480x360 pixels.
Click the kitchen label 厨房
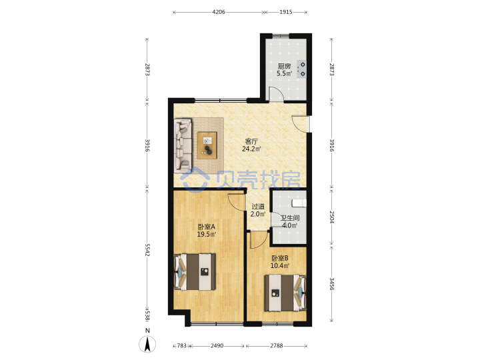284,66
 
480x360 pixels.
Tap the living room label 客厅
251,141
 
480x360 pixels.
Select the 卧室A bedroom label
207,227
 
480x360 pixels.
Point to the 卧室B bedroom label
279,258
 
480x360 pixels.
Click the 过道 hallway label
258,207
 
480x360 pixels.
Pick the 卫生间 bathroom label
290,218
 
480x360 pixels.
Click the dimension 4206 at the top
219,12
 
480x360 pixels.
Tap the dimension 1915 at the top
286,12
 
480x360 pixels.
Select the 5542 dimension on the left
147,250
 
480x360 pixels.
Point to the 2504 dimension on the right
332,217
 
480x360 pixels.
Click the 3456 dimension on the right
332,284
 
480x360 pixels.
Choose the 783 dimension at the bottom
181,345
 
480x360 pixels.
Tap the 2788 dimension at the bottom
277,345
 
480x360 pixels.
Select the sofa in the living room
183,145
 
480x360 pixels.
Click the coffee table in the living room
207,145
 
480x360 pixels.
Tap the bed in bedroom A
195,271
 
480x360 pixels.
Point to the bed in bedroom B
285,293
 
